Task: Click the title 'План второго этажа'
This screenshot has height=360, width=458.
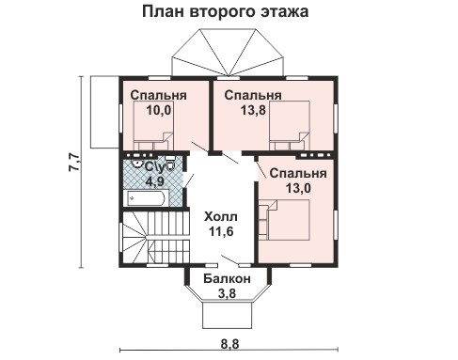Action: click(x=226, y=13)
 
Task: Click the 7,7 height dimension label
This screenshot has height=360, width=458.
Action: click(x=73, y=165)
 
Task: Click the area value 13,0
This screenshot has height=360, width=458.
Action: click(x=297, y=188)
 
